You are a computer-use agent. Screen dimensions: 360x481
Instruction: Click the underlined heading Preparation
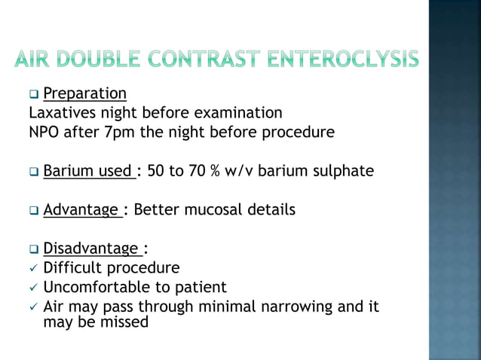coord(84,94)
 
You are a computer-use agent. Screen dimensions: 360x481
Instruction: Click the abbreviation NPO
coord(44,133)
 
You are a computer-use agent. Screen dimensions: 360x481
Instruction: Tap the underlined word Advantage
coord(81,209)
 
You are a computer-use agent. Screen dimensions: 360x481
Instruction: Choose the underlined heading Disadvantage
coord(90,249)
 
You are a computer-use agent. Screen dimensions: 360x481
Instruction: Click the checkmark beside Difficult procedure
coord(32,268)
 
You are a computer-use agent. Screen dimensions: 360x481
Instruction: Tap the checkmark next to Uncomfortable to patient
coord(32,288)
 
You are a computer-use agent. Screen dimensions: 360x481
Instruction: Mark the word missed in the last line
coord(125,322)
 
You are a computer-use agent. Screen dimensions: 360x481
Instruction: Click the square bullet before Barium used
coord(33,172)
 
